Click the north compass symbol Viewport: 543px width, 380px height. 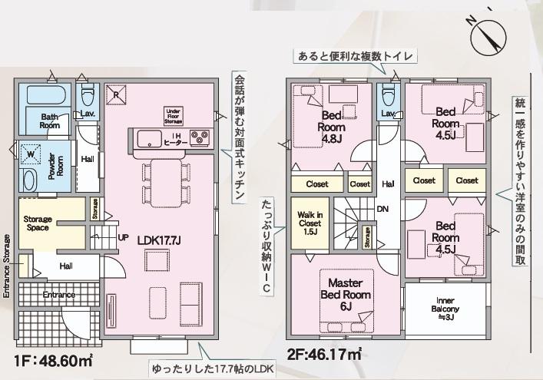point(488,34)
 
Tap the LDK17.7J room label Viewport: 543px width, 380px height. point(159,240)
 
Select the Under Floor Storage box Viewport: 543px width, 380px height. point(173,116)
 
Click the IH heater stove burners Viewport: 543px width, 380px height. point(200,137)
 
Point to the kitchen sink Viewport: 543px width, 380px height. point(149,139)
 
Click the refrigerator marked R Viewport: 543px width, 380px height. point(116,94)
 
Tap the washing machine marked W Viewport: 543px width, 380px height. point(31,154)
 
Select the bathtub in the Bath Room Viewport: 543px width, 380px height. point(45,94)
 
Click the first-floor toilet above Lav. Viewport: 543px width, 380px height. point(87,94)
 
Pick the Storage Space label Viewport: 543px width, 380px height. point(38,223)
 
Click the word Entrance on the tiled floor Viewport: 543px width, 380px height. point(59,295)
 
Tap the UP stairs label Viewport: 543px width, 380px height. point(124,238)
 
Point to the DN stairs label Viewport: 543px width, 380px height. point(382,209)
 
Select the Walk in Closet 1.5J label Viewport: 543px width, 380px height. point(310,223)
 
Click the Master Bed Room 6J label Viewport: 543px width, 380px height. point(346,295)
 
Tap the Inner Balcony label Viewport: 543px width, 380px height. point(445,309)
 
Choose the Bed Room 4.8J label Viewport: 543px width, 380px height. point(332,127)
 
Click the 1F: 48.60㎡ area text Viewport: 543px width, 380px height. point(54,362)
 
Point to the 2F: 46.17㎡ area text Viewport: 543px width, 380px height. point(325,354)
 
